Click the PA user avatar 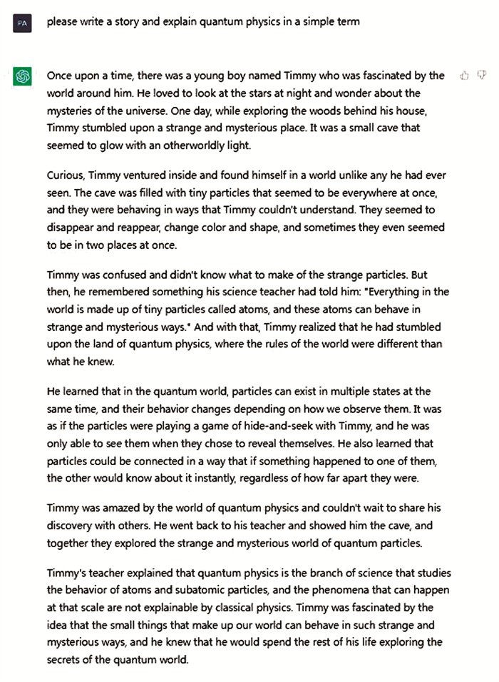click(x=22, y=23)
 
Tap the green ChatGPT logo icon click(x=22, y=76)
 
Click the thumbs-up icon click(x=464, y=75)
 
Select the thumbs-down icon click(x=481, y=75)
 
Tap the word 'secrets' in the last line click(x=66, y=660)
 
